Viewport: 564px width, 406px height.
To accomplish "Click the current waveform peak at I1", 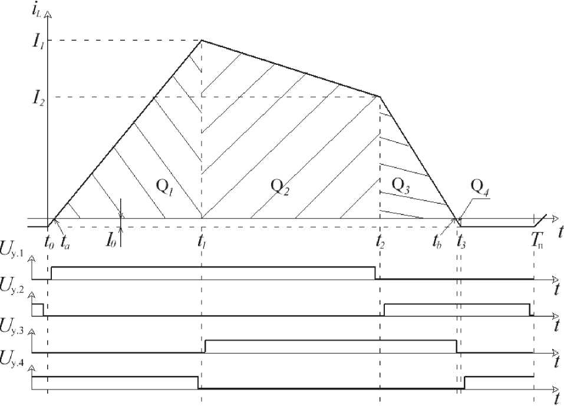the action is tap(202, 40).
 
